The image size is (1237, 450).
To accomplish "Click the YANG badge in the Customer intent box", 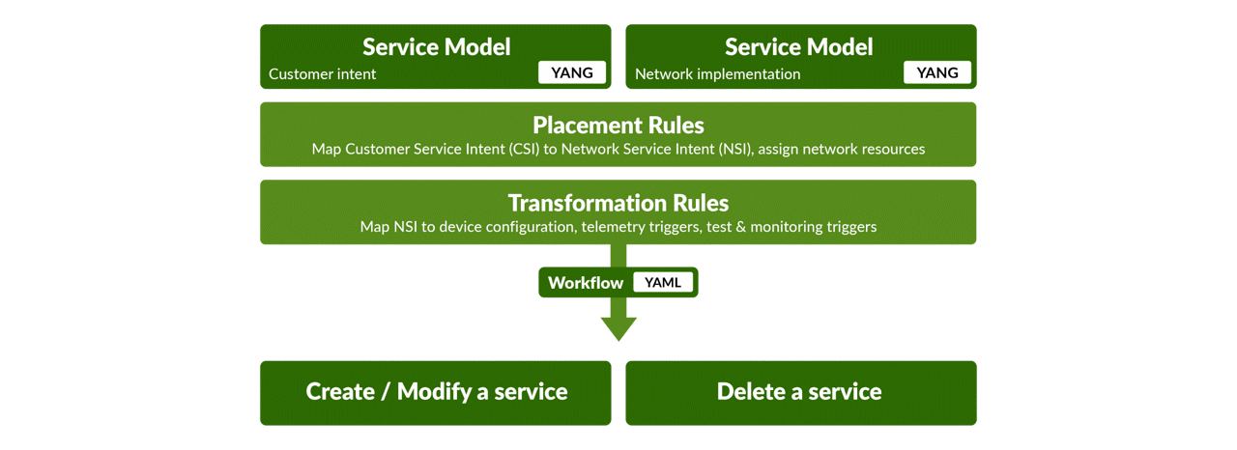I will pyautogui.click(x=572, y=72).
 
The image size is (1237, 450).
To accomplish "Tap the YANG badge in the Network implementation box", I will pyautogui.click(x=937, y=72).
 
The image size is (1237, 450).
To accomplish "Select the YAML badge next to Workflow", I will pyautogui.click(x=662, y=283).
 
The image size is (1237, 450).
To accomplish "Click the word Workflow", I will pyautogui.click(x=586, y=283).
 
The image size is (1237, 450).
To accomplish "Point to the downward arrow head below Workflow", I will pyautogui.click(x=618, y=328).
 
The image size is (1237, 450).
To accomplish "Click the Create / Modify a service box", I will pyautogui.click(x=435, y=392).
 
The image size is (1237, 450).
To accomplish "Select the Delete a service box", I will pyautogui.click(x=800, y=392).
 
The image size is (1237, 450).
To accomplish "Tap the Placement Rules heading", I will pyautogui.click(x=618, y=126).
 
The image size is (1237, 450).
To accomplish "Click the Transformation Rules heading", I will pyautogui.click(x=618, y=204).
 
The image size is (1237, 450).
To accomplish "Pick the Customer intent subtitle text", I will pyautogui.click(x=323, y=74).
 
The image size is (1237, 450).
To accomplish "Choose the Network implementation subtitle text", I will pyautogui.click(x=717, y=74).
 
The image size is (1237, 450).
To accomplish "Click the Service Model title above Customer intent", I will pyautogui.click(x=436, y=46).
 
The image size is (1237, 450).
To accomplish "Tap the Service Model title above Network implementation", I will pyautogui.click(x=798, y=46).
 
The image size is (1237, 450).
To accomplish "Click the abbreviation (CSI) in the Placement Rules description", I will pyautogui.click(x=517, y=150).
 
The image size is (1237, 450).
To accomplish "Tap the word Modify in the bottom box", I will pyautogui.click(x=434, y=392).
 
